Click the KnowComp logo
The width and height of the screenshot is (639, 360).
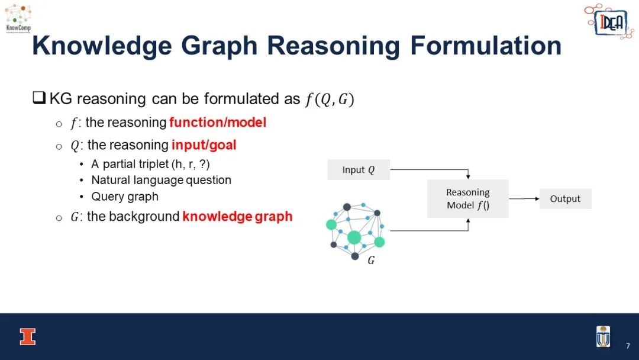tap(18, 19)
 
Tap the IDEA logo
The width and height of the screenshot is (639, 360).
tap(609, 21)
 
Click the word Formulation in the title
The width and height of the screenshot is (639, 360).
tap(486, 45)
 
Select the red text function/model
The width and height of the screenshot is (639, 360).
tap(218, 123)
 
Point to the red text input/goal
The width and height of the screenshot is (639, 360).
tap(204, 145)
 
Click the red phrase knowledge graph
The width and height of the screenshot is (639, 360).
tap(238, 217)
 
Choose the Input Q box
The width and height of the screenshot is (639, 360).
tap(359, 169)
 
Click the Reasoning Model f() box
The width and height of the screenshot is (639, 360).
tap(468, 198)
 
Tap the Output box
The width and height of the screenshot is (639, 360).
tap(565, 198)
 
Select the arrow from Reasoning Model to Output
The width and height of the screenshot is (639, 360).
tap(524, 198)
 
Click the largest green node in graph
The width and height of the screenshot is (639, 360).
tap(354, 237)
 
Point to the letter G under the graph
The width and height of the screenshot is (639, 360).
tap(371, 260)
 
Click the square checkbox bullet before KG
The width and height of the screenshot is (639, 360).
tap(39, 98)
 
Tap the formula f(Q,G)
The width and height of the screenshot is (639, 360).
tap(330, 99)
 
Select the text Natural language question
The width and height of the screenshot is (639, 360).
tap(161, 180)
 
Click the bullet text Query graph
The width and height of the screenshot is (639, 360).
tap(125, 197)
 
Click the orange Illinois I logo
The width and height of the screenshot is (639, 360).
tap(28, 337)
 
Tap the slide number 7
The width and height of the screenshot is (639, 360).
tap(628, 346)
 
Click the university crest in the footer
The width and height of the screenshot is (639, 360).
tap(603, 336)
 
